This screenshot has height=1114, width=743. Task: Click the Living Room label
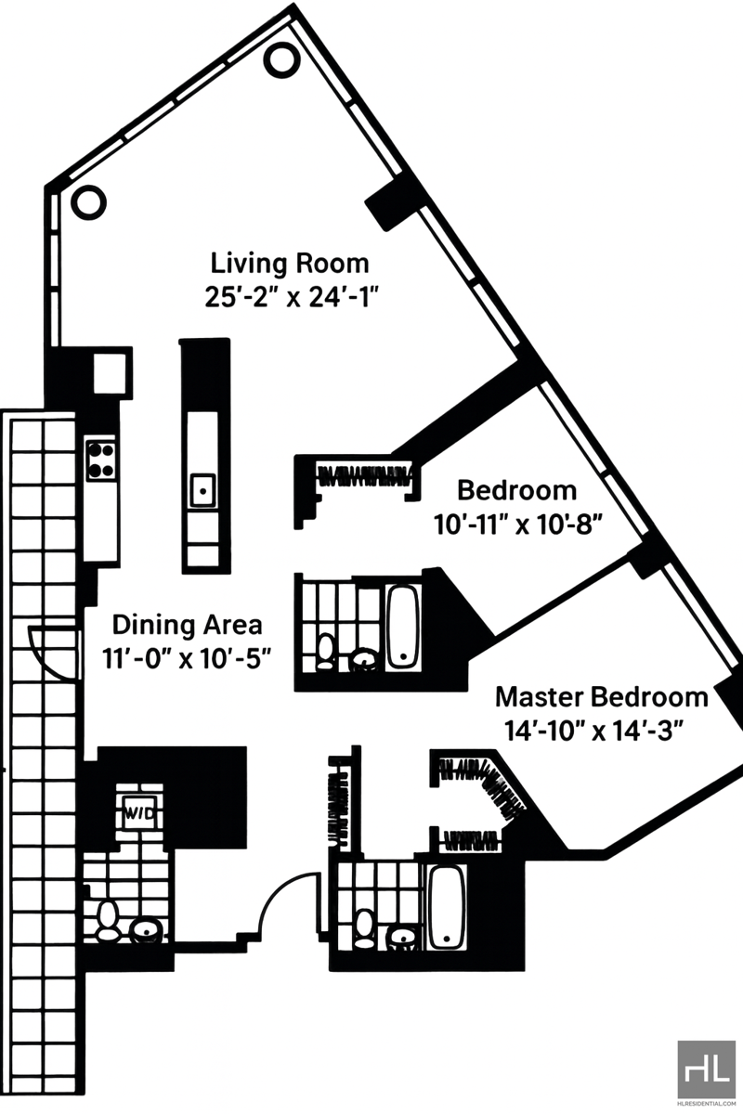point(290,264)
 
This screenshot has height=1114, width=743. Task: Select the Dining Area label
point(187,625)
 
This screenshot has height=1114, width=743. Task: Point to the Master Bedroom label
point(602,697)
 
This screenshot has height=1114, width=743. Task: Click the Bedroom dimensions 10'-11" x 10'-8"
point(519,525)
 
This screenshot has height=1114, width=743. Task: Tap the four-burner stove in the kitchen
point(101,460)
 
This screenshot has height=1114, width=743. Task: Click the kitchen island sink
point(203,490)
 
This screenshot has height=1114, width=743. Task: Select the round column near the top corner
point(281,59)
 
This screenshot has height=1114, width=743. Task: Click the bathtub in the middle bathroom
point(404,627)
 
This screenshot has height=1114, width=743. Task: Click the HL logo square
point(706,1068)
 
